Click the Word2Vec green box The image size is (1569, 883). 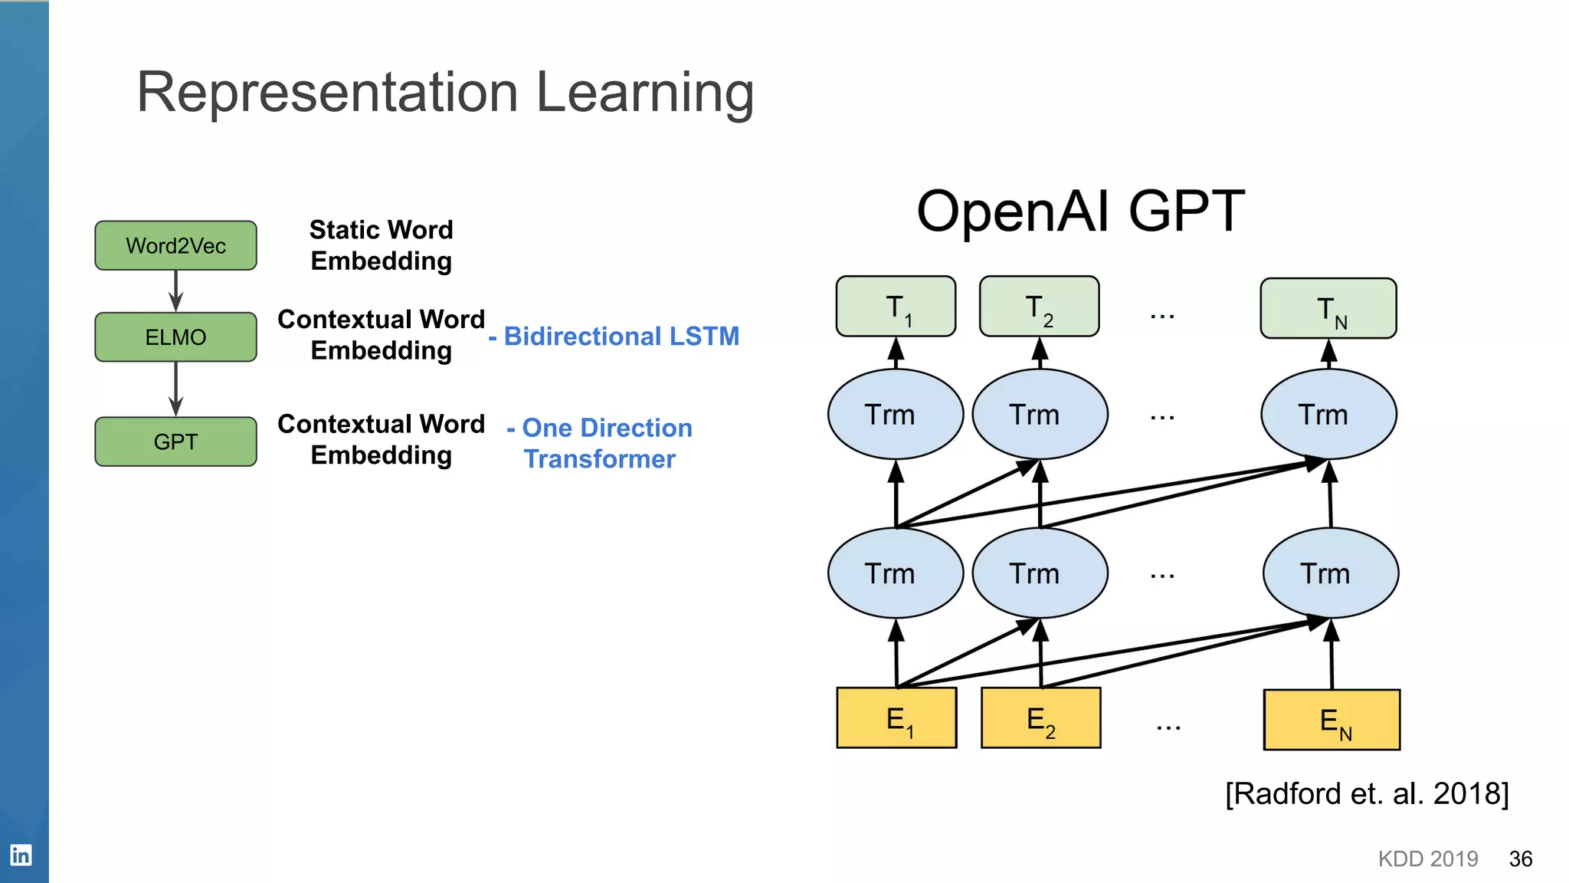coord(175,245)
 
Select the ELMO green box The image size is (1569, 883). coord(175,337)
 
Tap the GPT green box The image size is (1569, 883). coord(175,441)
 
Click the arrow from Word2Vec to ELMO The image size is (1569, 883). coord(175,291)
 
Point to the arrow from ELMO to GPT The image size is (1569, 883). coord(175,389)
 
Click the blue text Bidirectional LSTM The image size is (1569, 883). coord(621,336)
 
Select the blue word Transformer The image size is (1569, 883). coord(599,459)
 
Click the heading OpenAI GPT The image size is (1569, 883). coord(1080,211)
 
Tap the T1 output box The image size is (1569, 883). coord(896,307)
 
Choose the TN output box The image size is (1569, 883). coord(1328,308)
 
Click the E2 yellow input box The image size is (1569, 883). coord(1040,718)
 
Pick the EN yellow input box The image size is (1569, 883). coord(1332,720)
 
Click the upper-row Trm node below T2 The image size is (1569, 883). coord(1040,415)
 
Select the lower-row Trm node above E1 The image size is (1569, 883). coord(895,573)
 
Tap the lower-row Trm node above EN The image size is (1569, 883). coord(1330,573)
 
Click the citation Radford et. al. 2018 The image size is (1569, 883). coord(1367,793)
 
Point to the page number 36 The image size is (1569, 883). coord(1520,858)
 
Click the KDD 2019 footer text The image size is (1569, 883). coord(1427,858)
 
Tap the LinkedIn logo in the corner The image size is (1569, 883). coord(21,855)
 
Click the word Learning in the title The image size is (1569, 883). coord(644,93)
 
